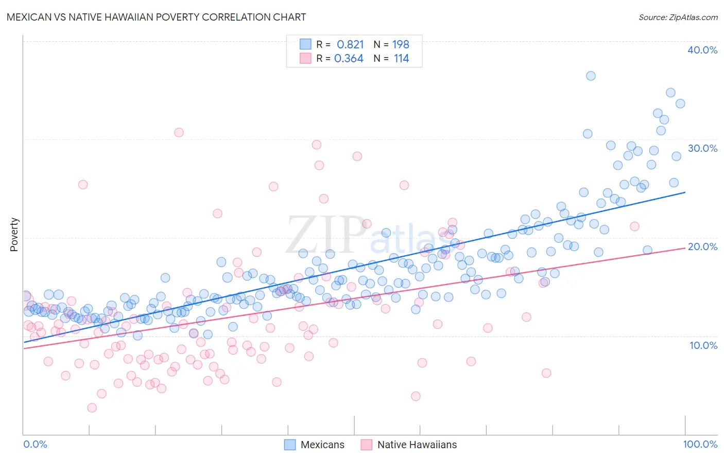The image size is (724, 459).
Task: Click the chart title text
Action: point(156,17)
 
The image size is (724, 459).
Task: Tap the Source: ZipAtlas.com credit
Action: point(678,17)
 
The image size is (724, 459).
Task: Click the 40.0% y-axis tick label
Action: point(702,50)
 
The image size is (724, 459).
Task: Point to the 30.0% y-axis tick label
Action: point(702,148)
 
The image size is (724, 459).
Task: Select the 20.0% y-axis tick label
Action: point(702,246)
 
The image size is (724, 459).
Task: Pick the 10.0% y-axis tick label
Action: point(703,345)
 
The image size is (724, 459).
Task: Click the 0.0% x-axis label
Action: point(35,444)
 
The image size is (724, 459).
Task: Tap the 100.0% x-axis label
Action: point(700,444)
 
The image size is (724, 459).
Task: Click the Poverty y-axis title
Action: point(14,235)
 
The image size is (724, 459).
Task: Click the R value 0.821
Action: point(350,44)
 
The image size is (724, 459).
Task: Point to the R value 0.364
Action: point(349,59)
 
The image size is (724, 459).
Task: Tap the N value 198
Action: point(401,44)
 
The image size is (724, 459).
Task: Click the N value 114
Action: point(401,59)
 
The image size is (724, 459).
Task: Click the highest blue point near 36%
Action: point(591,76)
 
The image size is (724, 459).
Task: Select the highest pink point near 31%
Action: point(179,132)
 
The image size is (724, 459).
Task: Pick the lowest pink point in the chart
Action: point(92,408)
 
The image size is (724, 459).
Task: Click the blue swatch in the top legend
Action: point(305,44)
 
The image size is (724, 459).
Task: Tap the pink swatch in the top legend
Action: point(305,59)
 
